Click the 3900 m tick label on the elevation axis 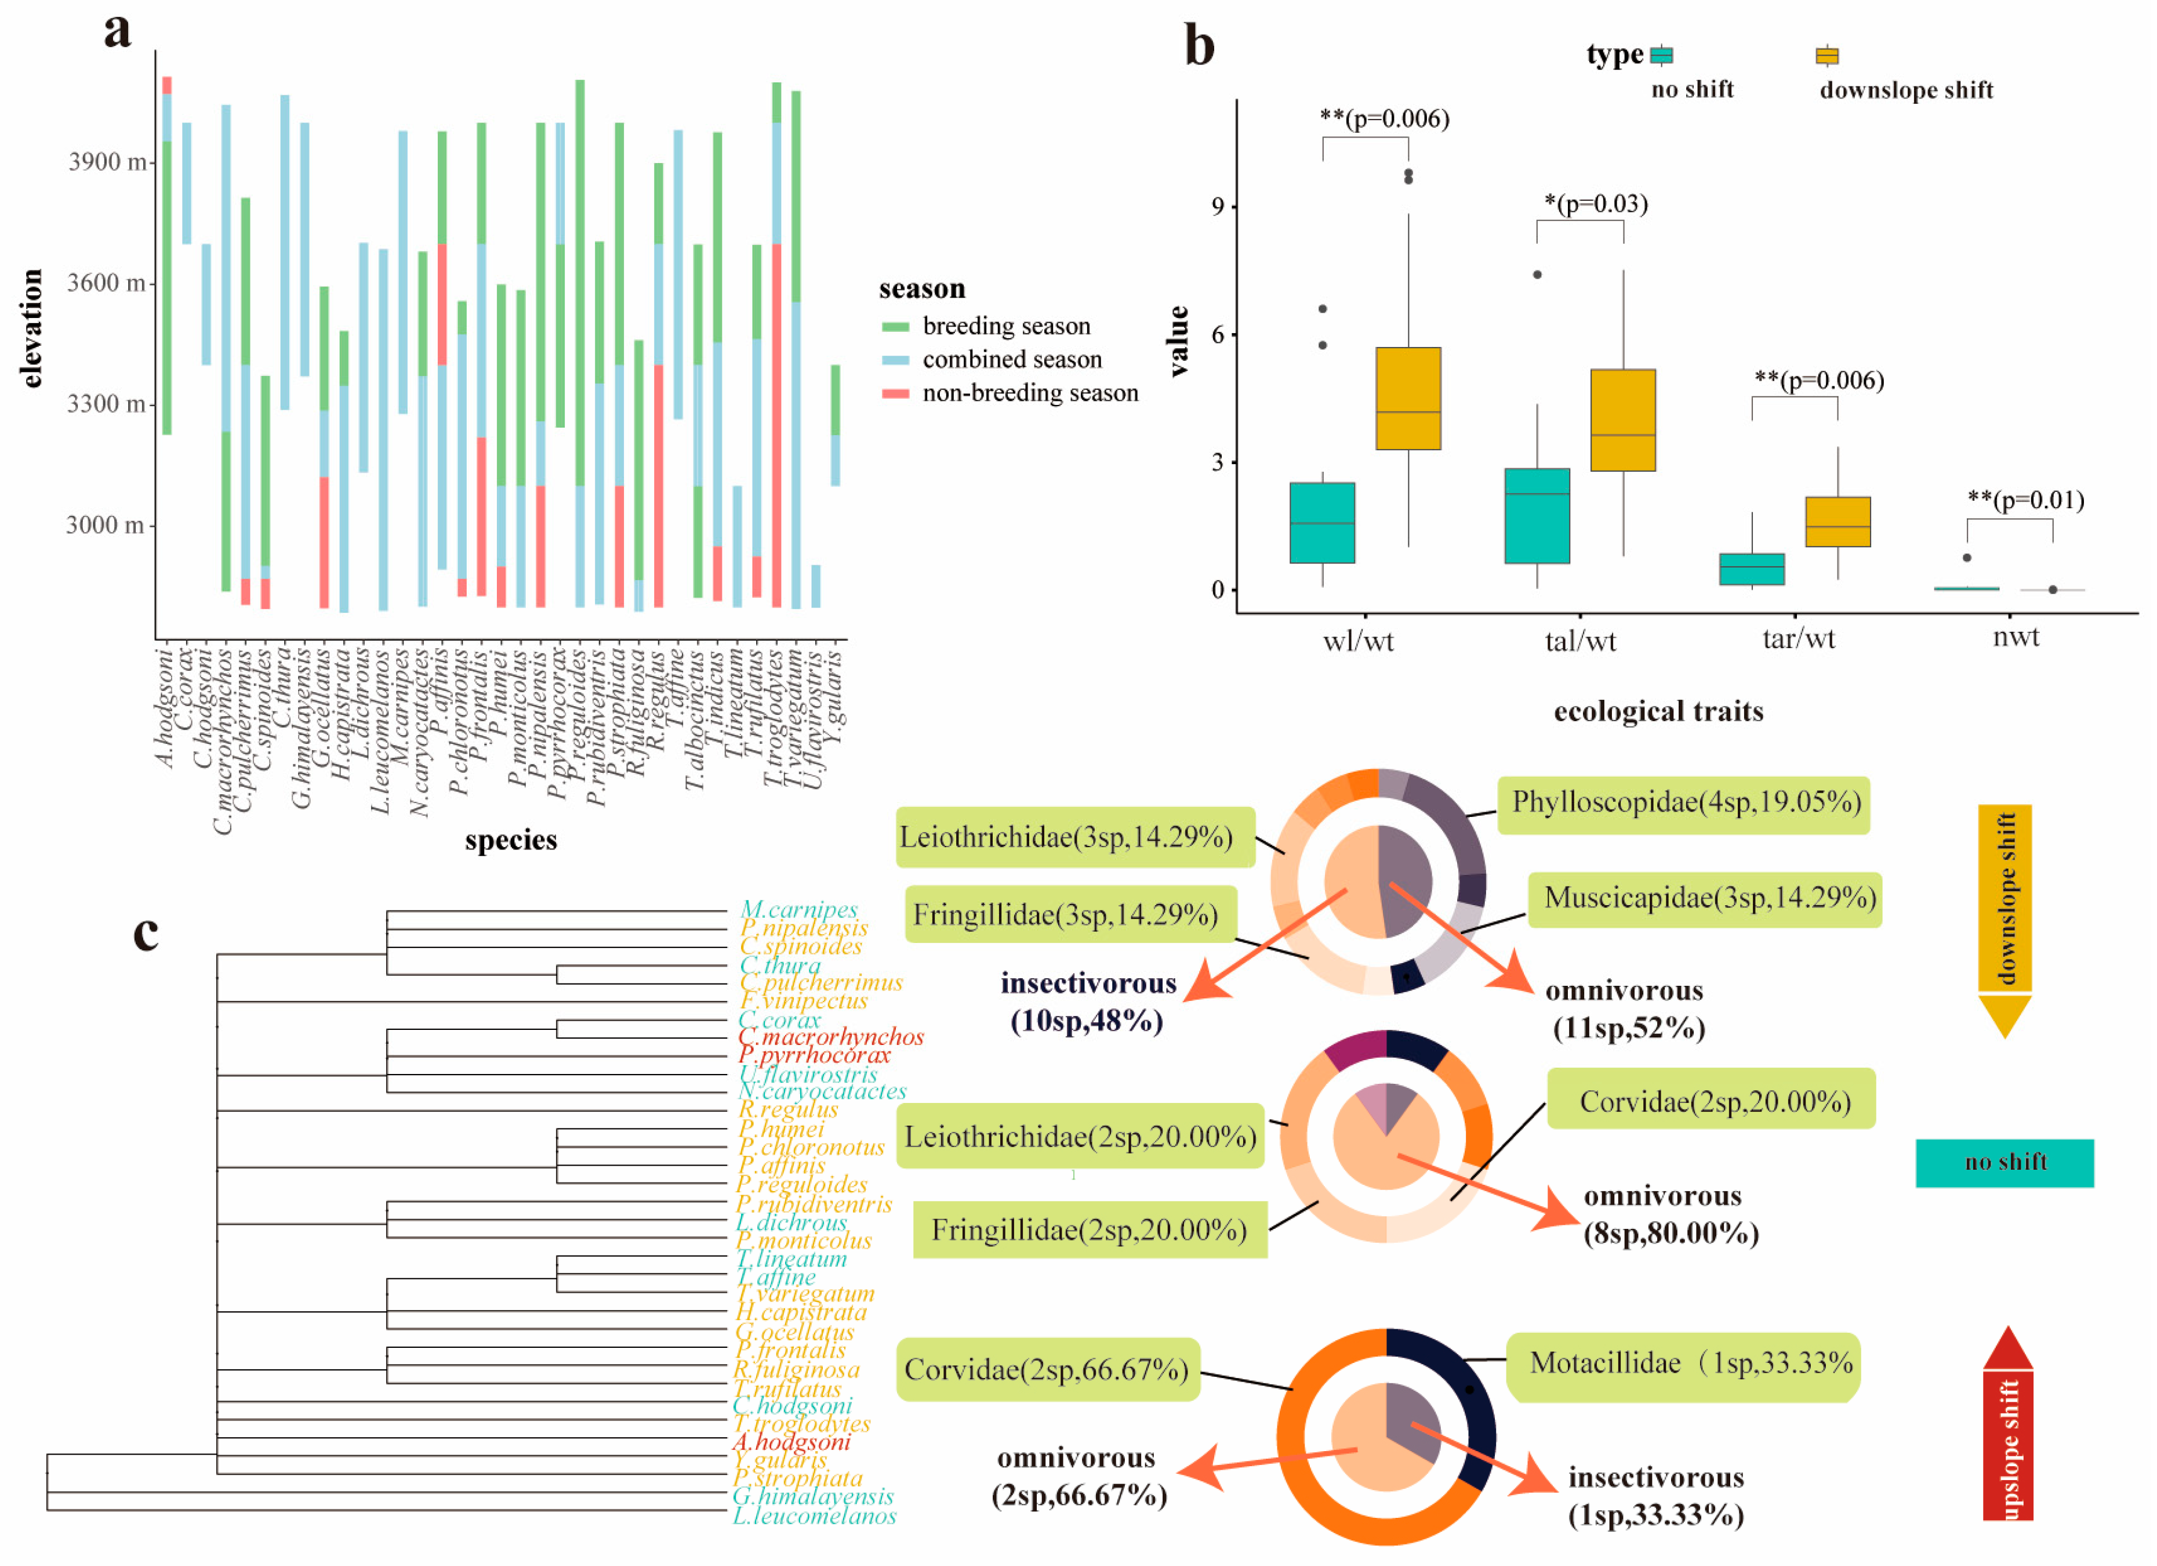point(107,162)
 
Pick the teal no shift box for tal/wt point(1537,516)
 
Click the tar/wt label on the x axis point(1797,638)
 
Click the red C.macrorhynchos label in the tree point(830,1037)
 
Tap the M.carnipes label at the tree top point(799,910)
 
